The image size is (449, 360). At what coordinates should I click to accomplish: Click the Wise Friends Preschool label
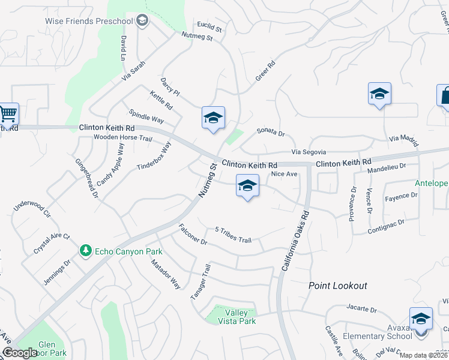point(88,21)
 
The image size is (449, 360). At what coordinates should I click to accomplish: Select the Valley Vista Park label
point(240,317)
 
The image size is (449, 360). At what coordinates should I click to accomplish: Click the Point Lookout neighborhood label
point(337,286)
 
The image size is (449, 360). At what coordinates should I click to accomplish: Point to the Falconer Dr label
point(193,235)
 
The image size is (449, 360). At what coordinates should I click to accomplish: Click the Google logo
point(19,353)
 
